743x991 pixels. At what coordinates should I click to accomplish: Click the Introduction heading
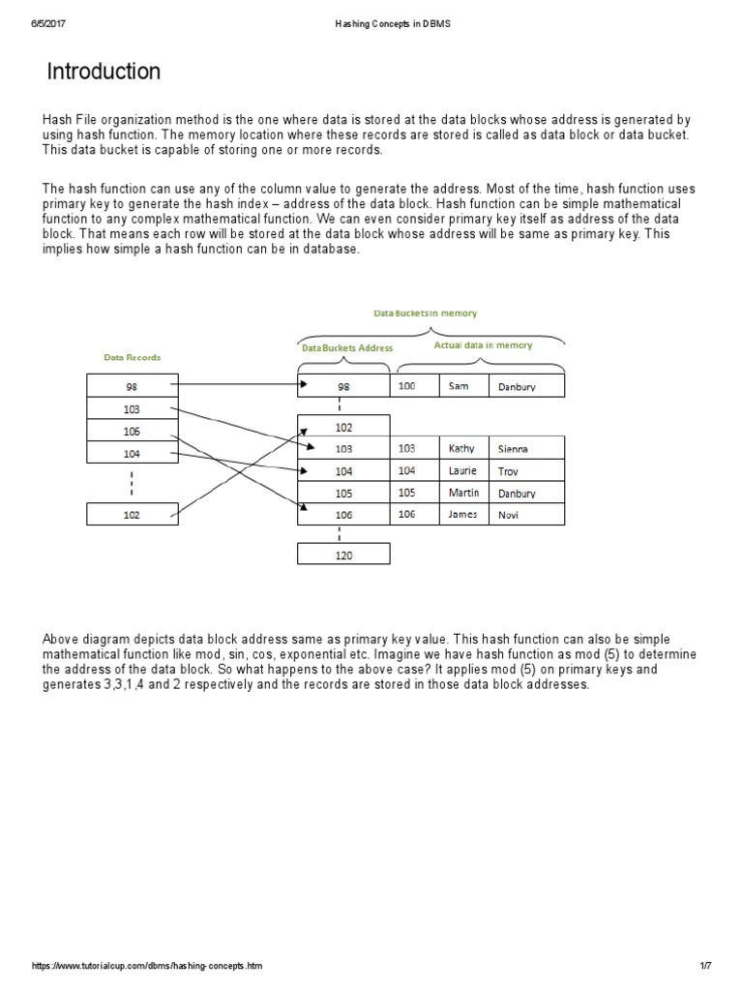click(x=104, y=73)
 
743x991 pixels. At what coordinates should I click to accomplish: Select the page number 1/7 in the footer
click(x=705, y=966)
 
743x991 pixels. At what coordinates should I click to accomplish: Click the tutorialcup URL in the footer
click(x=147, y=966)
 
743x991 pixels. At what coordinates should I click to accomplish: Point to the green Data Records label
click(x=132, y=357)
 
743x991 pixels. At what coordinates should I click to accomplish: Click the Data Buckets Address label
click(x=346, y=347)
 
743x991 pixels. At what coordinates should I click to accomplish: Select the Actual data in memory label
click(x=483, y=345)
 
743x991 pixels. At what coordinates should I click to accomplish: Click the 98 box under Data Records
click(x=132, y=386)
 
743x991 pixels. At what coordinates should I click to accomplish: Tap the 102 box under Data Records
click(x=132, y=515)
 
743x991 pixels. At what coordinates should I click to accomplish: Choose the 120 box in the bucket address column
click(x=344, y=555)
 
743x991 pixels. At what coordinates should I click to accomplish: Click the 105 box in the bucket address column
click(x=344, y=493)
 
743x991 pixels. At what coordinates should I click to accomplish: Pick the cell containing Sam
click(x=462, y=386)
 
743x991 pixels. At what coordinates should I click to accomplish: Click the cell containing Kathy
click(x=462, y=448)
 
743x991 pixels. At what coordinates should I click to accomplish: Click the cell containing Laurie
click(x=462, y=470)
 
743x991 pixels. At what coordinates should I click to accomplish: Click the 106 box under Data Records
click(x=132, y=431)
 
